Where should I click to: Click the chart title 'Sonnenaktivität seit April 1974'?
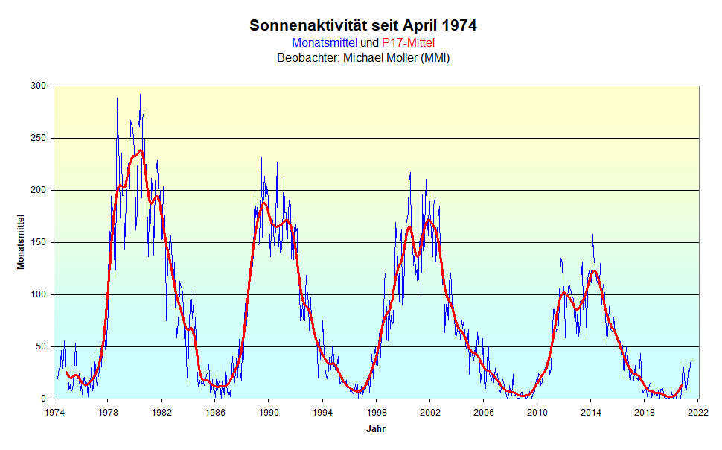pyautogui.click(x=363, y=25)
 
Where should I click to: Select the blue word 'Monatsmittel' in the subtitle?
pyautogui.click(x=325, y=43)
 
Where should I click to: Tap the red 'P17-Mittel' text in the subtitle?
pyautogui.click(x=408, y=43)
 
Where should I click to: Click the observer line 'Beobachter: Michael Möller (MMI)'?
pyautogui.click(x=363, y=57)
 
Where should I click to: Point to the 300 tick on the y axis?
pyautogui.click(x=39, y=86)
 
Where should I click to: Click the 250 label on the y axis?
pyautogui.click(x=39, y=139)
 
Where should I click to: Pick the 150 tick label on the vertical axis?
pyautogui.click(x=39, y=243)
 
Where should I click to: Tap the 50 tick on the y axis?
pyautogui.click(x=42, y=347)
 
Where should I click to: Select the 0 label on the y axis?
pyautogui.click(x=44, y=399)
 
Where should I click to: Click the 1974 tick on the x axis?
pyautogui.click(x=54, y=412)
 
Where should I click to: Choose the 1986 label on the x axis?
pyautogui.click(x=215, y=412)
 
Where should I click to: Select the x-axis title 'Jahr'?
pyautogui.click(x=376, y=429)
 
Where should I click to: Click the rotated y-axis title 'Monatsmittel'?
pyautogui.click(x=22, y=243)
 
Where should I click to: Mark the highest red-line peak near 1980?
pyautogui.click(x=140, y=150)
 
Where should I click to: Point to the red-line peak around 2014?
pyautogui.click(x=593, y=271)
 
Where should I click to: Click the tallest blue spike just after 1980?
pyautogui.click(x=140, y=95)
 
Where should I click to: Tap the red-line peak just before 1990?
pyautogui.click(x=263, y=203)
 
